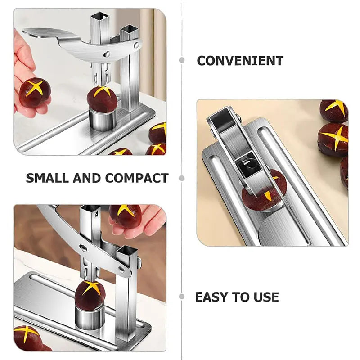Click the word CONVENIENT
click(x=240, y=61)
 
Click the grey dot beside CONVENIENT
click(x=182, y=60)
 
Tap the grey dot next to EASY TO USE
click(x=182, y=297)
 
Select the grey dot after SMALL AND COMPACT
click(x=182, y=178)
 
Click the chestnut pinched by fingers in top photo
click(x=35, y=92)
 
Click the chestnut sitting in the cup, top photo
click(x=102, y=99)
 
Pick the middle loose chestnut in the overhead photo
click(x=333, y=140)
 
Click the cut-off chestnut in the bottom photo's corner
click(x=28, y=337)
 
